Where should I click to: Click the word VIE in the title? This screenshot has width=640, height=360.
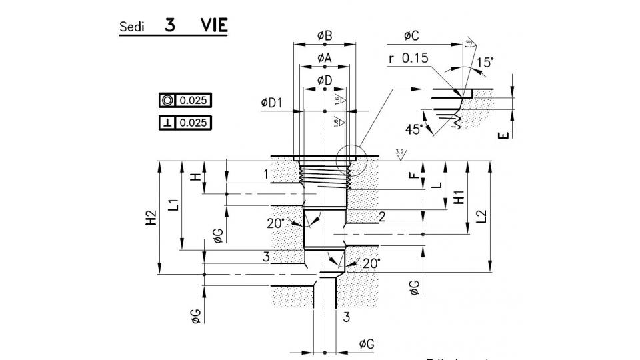pyautogui.click(x=213, y=26)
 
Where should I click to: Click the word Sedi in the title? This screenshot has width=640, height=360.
pyautogui.click(x=131, y=28)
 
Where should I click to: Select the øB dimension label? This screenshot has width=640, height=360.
pyautogui.click(x=325, y=36)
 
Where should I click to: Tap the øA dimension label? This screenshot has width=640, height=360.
pyautogui.click(x=324, y=58)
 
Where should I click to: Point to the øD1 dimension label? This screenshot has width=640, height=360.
pyautogui.click(x=273, y=103)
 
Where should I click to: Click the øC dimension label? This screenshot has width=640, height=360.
pyautogui.click(x=411, y=36)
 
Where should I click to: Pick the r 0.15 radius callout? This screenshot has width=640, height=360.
pyautogui.click(x=409, y=59)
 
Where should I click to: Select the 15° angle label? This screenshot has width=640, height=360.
pyautogui.click(x=486, y=63)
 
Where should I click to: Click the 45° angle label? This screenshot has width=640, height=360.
pyautogui.click(x=413, y=129)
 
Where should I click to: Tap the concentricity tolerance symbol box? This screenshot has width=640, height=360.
pyautogui.click(x=167, y=101)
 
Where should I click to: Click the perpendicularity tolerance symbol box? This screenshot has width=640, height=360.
pyautogui.click(x=167, y=123)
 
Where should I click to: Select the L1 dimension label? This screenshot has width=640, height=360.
pyautogui.click(x=173, y=204)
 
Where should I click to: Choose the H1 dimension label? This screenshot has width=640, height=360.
pyautogui.click(x=459, y=197)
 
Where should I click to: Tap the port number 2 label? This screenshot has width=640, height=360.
pyautogui.click(x=381, y=216)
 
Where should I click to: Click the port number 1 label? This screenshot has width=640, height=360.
pyautogui.click(x=265, y=175)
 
